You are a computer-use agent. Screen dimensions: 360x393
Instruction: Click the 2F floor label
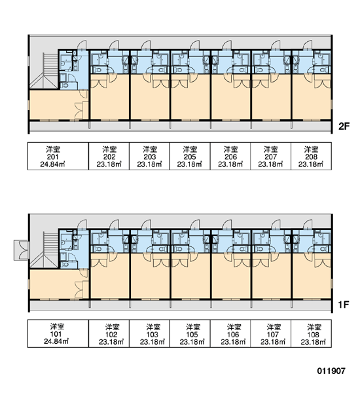344,126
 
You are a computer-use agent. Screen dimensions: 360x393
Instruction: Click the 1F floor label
344,305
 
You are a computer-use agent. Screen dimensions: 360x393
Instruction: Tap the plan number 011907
331,371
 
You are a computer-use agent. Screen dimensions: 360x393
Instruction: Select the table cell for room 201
58,156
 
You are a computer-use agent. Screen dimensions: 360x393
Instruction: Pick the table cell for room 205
190,156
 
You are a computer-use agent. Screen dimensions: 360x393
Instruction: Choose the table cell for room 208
311,156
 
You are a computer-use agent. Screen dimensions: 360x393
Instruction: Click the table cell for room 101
58,333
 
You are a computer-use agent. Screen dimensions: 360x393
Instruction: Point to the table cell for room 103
149,333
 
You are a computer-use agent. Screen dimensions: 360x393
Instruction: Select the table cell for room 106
230,333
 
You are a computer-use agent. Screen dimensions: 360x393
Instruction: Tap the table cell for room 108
311,333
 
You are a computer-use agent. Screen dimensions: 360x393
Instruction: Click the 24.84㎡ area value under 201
52,164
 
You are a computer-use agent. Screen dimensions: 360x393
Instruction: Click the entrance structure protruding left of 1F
22,250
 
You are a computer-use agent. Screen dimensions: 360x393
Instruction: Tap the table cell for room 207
271,156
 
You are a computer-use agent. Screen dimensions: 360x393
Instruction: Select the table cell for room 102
109,333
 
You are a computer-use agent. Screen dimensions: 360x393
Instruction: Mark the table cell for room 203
149,156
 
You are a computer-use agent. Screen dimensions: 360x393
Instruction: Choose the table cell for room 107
271,333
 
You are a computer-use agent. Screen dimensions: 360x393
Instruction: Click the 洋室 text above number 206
231,149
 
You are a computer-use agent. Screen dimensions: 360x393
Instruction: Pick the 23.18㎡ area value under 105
192,342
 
